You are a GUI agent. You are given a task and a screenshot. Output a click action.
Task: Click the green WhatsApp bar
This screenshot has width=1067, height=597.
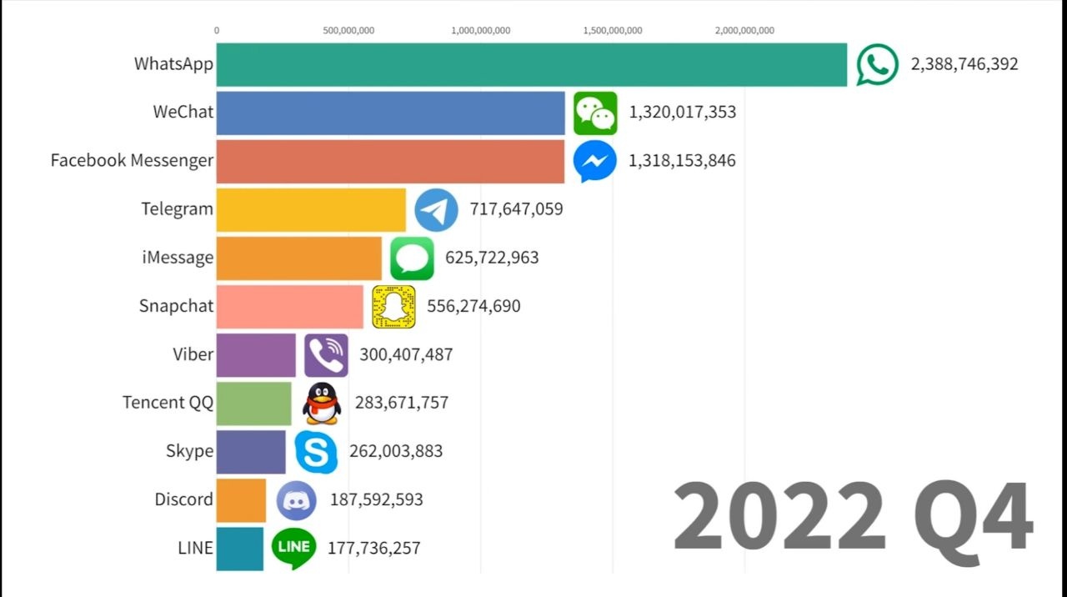tap(531, 64)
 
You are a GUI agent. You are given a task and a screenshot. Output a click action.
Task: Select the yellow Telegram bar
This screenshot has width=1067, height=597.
tap(311, 209)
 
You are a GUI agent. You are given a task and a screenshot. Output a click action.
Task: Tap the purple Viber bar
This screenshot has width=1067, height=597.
tap(256, 355)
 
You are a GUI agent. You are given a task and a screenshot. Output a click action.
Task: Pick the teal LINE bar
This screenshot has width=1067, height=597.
tap(240, 549)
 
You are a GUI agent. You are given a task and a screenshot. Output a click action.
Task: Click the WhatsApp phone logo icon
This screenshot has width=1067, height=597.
tap(878, 64)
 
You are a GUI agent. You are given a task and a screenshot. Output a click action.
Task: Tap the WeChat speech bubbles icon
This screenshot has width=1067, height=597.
tap(595, 113)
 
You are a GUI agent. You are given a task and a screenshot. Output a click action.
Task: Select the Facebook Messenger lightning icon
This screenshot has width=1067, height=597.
tap(595, 161)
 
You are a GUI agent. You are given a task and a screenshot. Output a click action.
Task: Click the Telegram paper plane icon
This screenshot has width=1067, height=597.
tap(436, 209)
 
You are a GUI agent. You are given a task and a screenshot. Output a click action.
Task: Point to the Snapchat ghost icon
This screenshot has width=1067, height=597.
tap(393, 307)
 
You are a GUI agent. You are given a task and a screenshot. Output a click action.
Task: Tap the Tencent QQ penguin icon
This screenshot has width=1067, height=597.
tap(322, 404)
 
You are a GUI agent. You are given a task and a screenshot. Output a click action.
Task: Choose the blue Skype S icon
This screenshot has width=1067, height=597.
tap(316, 452)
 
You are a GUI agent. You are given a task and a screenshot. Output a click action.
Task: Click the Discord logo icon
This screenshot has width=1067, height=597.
tap(296, 500)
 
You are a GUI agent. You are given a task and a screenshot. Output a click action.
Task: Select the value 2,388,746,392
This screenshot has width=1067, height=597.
tap(964, 64)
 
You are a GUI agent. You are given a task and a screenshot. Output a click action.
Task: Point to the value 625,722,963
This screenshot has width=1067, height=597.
tap(492, 258)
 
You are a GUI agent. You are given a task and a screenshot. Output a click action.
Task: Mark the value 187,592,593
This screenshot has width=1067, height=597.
tap(377, 500)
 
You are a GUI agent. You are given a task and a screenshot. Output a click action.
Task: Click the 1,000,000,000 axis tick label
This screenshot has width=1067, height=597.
tap(481, 31)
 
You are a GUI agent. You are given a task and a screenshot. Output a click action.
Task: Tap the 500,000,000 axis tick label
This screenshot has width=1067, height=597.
tap(348, 31)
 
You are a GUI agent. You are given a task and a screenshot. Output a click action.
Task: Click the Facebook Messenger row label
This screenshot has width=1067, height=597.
tap(132, 161)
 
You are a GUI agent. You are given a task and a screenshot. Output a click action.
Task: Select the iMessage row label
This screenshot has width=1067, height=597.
tap(178, 258)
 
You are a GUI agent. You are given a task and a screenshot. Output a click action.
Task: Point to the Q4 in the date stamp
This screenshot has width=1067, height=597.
tap(974, 517)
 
